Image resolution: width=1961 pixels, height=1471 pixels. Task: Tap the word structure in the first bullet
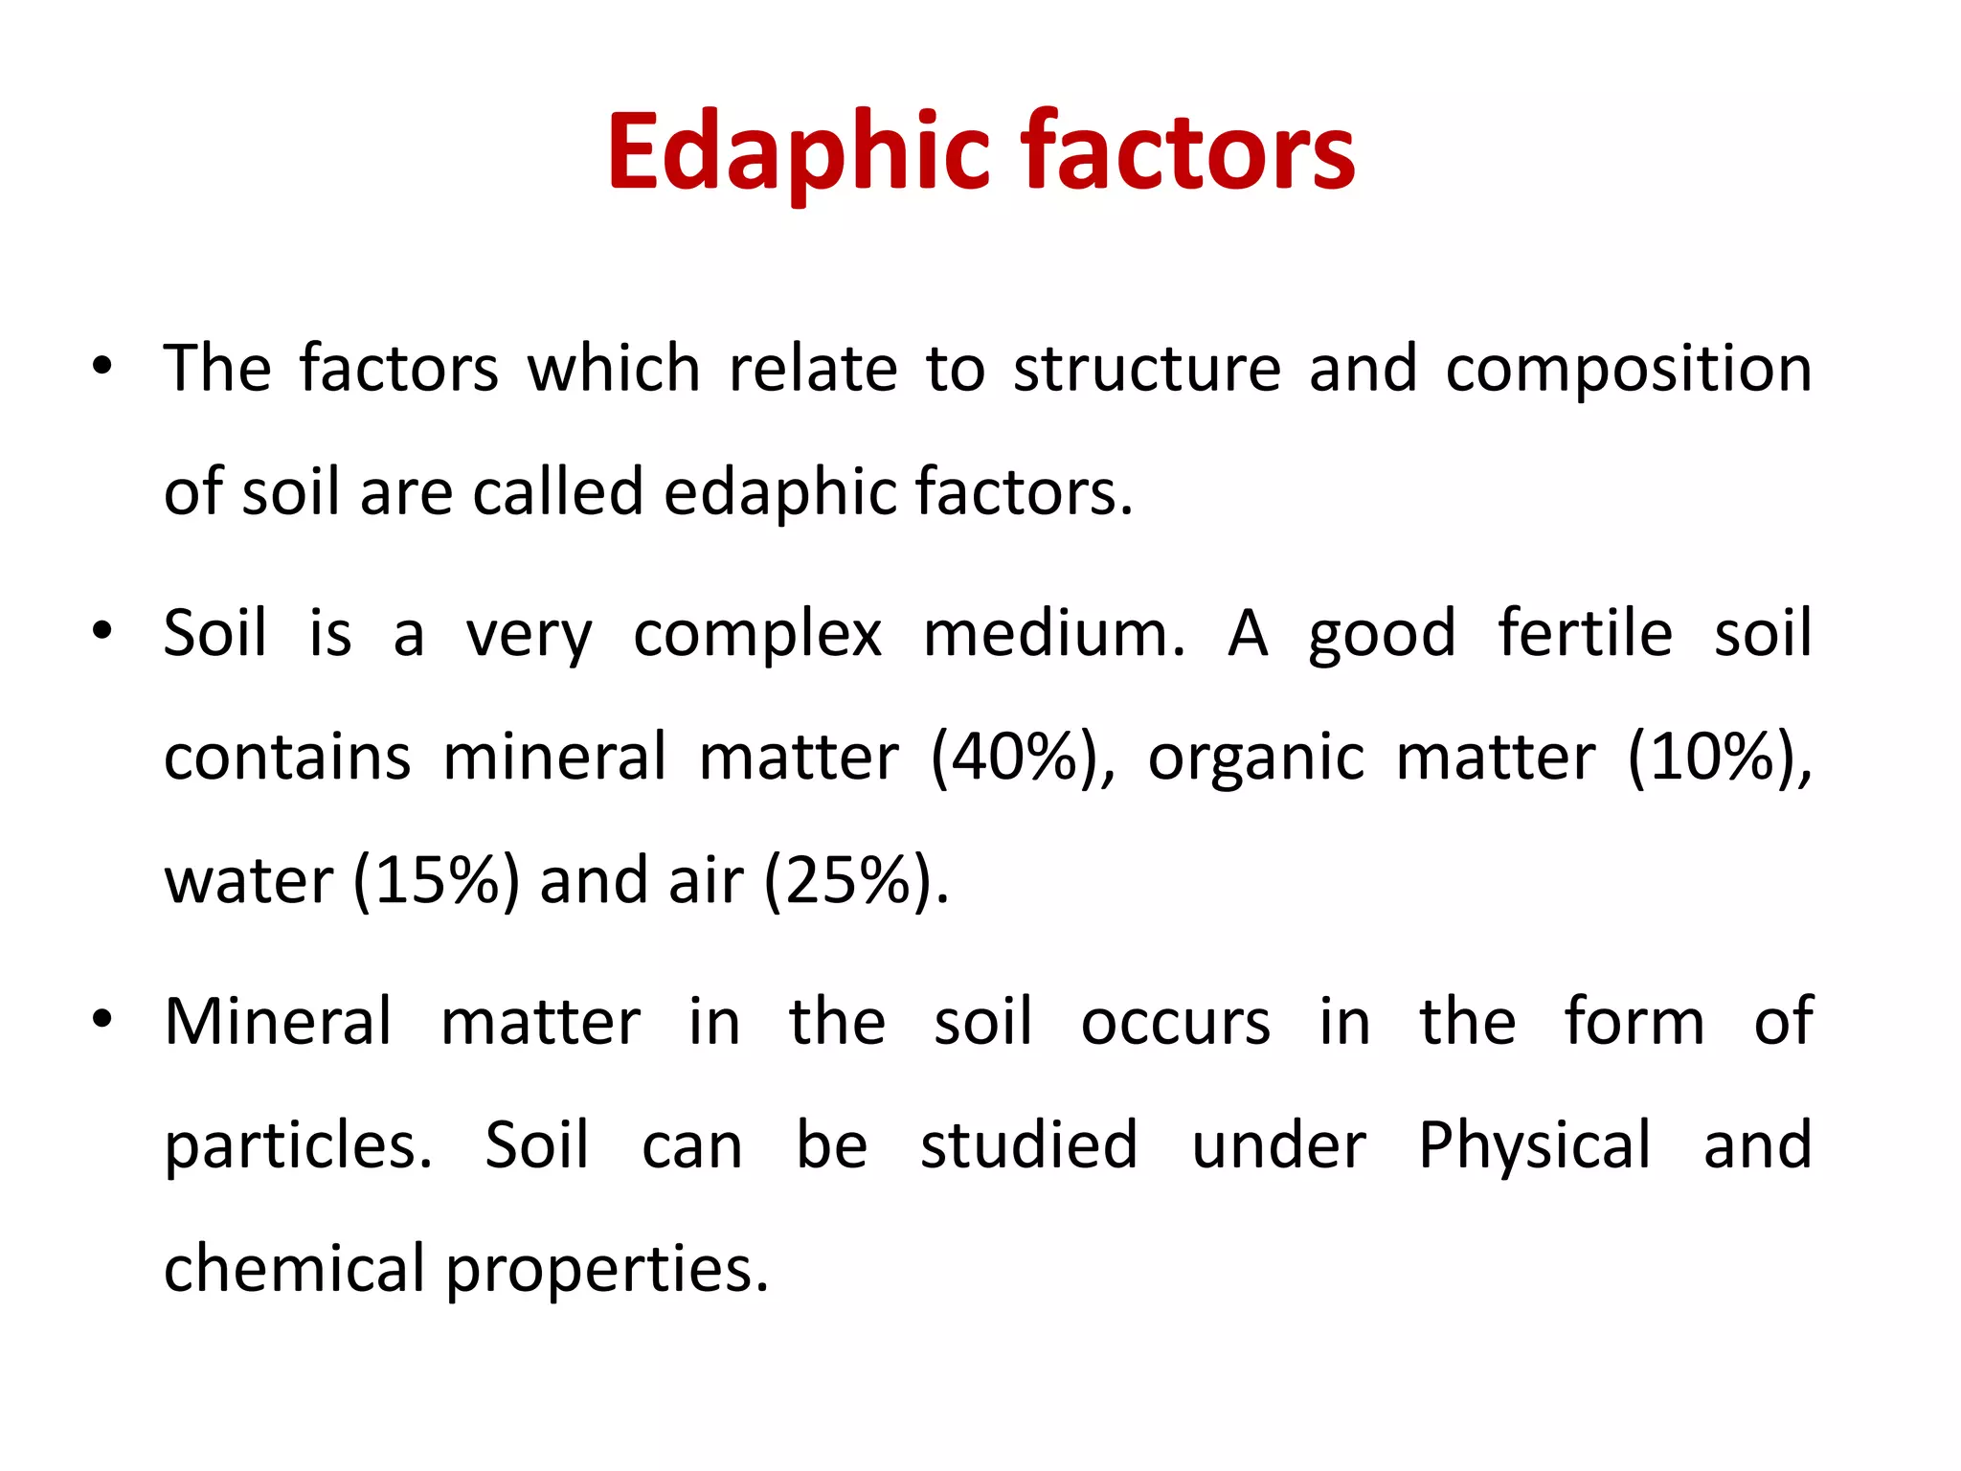pyautogui.click(x=1147, y=369)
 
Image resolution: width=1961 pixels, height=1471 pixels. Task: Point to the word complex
pyautogui.click(x=757, y=635)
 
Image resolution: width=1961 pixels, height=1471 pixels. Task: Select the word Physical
pyautogui.click(x=1535, y=1146)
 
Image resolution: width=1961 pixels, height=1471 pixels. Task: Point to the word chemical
pyautogui.click(x=294, y=1268)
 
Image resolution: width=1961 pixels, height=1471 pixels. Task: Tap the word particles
pyautogui.click(x=298, y=1146)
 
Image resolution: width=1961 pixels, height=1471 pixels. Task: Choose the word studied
pyautogui.click(x=1029, y=1144)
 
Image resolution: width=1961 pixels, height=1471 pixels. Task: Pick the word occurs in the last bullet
pyautogui.click(x=1176, y=1023)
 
